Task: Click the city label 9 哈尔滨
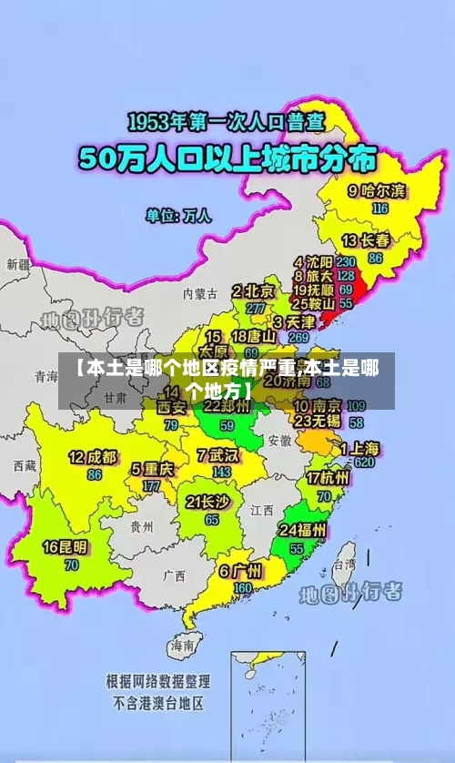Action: click(376, 191)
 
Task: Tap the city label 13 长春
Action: click(366, 240)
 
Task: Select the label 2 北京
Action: click(253, 291)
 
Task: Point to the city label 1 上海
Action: click(360, 448)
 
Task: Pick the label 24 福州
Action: click(303, 530)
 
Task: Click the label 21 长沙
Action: click(208, 502)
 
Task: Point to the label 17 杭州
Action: click(327, 478)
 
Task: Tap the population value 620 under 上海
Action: click(365, 463)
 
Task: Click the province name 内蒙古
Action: click(200, 294)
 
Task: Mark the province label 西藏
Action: click(25, 465)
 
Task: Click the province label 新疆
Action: click(18, 264)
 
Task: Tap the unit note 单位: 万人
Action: click(178, 217)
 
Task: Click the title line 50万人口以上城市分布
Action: click(227, 160)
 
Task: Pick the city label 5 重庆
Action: click(152, 470)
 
